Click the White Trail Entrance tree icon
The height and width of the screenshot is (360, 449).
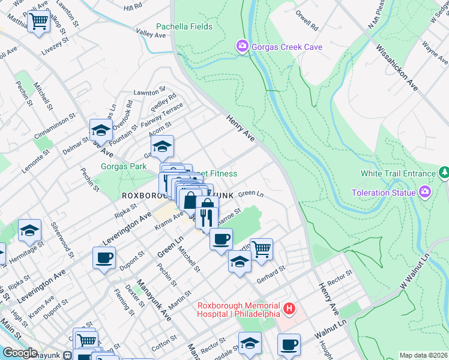tap(444, 173)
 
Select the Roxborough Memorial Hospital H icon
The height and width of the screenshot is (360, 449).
tap(289, 309)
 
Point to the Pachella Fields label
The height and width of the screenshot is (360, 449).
tap(184, 26)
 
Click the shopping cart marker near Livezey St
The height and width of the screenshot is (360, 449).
tap(38, 22)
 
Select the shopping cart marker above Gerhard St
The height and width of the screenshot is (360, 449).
tap(261, 248)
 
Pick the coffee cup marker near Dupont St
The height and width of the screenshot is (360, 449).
tap(104, 259)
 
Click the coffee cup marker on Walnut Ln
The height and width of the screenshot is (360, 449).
tap(289, 345)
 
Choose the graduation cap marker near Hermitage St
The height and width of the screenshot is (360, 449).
tap(29, 230)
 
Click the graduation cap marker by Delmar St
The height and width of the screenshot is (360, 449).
tap(101, 130)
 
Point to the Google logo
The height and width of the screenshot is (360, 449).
tap(20, 353)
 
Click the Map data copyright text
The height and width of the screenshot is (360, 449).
tap(423, 355)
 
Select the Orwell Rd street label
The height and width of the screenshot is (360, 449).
tap(307, 22)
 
